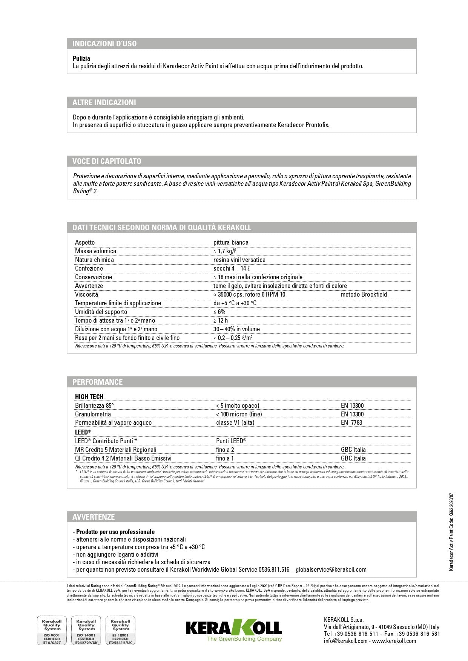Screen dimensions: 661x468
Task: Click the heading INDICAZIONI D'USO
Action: tap(104, 44)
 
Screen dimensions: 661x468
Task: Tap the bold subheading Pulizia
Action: tap(81, 58)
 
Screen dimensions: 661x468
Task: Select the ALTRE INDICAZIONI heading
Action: tap(104, 103)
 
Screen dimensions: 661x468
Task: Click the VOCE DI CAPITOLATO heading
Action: tap(107, 161)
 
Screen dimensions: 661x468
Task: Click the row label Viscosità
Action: tap(86, 294)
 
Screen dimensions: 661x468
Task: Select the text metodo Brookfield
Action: tap(364, 294)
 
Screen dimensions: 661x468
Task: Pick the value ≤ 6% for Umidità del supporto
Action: tap(219, 312)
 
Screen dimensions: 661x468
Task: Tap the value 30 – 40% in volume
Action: tap(236, 329)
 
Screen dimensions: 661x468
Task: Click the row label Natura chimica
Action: tap(94, 260)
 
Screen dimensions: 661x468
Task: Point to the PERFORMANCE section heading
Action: tap(97, 382)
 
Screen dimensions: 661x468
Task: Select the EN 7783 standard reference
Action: tap(351, 422)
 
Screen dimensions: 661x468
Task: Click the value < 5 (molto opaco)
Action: tap(238, 405)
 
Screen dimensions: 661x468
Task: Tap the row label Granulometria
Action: tap(93, 414)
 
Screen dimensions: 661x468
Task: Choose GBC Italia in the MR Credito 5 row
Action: tap(353, 450)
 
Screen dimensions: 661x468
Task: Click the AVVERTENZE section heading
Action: tap(94, 517)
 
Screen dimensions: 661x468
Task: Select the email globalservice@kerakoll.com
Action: tap(331, 569)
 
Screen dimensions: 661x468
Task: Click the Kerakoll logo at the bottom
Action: tap(234, 629)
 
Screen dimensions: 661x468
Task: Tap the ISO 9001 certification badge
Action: tap(52, 631)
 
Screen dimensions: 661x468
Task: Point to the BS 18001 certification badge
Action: tap(121, 631)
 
